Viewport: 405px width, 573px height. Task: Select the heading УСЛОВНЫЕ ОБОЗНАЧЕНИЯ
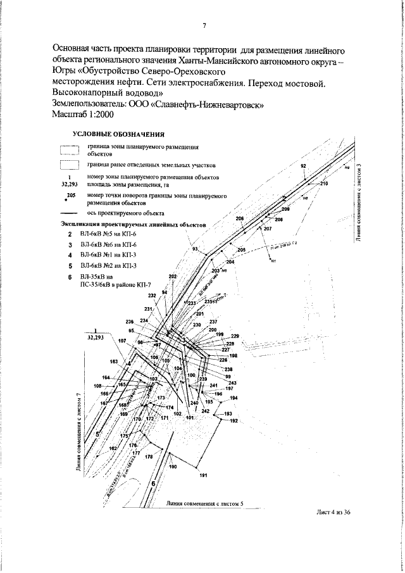(119, 134)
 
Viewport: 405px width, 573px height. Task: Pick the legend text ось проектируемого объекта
(126, 214)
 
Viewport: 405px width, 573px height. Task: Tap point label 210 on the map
(325, 184)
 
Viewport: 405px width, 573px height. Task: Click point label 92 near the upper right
(303, 165)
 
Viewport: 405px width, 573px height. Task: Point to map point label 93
(195, 248)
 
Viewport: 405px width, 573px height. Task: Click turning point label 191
(203, 475)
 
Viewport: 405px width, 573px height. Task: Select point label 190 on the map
(172, 467)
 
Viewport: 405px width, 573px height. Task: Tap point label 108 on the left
(97, 386)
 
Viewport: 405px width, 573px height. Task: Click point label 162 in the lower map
(113, 448)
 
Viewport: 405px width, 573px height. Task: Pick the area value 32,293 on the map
(94, 338)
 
